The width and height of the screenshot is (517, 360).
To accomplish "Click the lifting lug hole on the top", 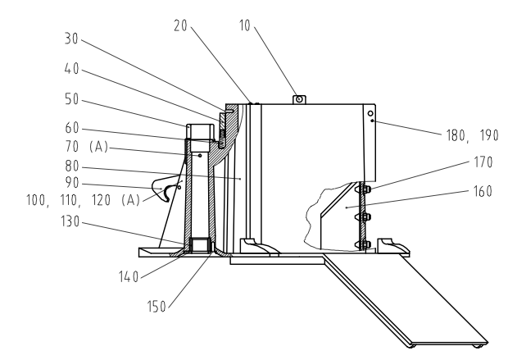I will (300, 99).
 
